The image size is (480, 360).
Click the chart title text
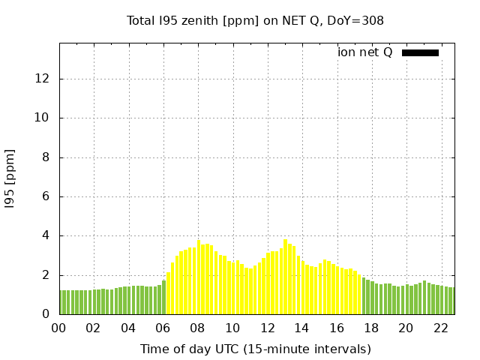click(x=255, y=20)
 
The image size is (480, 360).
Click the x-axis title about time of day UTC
click(x=255, y=349)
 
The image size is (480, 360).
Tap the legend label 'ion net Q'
click(x=364, y=52)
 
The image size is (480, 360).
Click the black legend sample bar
click(x=420, y=52)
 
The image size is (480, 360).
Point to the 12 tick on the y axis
click(x=45, y=79)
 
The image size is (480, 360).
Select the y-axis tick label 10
click(x=45, y=118)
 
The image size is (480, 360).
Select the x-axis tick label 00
click(x=59, y=328)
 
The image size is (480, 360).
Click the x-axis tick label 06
click(x=163, y=328)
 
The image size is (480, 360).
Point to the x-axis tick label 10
click(x=232, y=328)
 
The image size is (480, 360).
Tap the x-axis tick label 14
click(x=301, y=328)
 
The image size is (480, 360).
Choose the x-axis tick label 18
click(x=370, y=328)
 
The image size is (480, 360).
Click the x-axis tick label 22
click(x=440, y=328)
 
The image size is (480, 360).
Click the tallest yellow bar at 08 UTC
click(x=199, y=277)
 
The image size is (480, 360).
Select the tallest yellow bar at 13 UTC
click(x=286, y=277)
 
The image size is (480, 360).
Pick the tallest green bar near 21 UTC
click(x=424, y=298)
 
